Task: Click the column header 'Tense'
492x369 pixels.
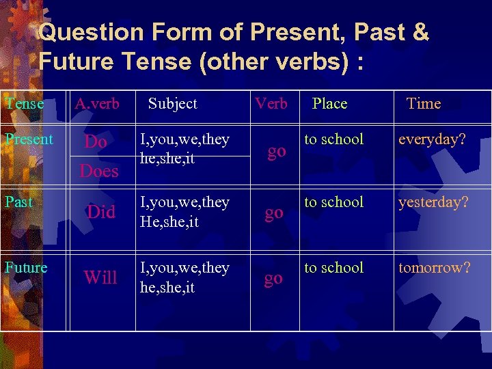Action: point(24,104)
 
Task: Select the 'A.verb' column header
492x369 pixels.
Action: point(97,104)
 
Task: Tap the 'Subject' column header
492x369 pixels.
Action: point(172,104)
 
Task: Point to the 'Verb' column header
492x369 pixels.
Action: point(271,104)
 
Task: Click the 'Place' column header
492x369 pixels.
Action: point(329,104)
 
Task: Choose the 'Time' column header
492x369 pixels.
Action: point(423,104)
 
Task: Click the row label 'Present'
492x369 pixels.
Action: point(29,139)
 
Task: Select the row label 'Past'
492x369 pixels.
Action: point(18,202)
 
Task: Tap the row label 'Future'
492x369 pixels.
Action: point(26,268)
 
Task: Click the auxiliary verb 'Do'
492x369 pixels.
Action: point(95,142)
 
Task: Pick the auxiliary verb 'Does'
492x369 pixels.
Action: point(99,171)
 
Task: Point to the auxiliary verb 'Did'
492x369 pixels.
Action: point(101,212)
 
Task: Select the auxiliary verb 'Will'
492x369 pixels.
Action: point(100,277)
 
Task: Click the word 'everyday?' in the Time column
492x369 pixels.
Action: point(432,140)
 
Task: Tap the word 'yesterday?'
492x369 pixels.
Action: point(434,203)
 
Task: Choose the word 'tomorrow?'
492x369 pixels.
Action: point(435,268)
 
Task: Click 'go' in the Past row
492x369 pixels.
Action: point(273,213)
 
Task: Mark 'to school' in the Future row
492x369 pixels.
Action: point(333,268)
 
